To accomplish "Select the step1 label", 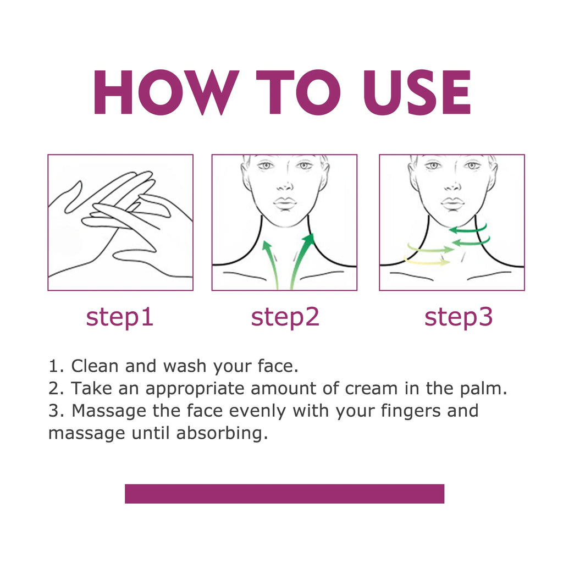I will pos(119,317).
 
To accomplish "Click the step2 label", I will pos(285,317).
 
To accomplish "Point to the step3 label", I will pos(459,317).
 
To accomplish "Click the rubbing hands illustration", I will pos(120,222).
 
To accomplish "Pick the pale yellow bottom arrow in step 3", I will pos(427,261).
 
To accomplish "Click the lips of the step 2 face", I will pos(285,204).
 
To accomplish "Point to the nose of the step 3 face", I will pos(452,184).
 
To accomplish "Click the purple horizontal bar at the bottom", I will pos(284,493).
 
